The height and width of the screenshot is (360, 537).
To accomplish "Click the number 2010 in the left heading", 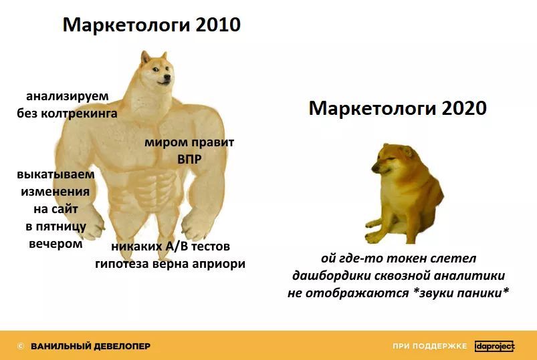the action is (x=218, y=25).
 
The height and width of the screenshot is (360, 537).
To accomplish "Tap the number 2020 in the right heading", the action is (x=464, y=108).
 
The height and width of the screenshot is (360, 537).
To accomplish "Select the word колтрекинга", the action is (x=79, y=114).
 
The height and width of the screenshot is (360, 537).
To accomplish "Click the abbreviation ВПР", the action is (x=189, y=159).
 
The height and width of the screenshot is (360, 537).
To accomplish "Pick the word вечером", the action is (x=56, y=244).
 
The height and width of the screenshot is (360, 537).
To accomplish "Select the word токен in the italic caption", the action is (x=407, y=258).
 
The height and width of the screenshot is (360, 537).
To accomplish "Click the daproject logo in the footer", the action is (x=495, y=347).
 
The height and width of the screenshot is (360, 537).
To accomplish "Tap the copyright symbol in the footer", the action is (x=21, y=347).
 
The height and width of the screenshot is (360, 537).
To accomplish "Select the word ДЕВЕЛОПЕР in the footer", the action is (x=122, y=347).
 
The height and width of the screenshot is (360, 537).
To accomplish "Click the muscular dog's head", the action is (x=156, y=69).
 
